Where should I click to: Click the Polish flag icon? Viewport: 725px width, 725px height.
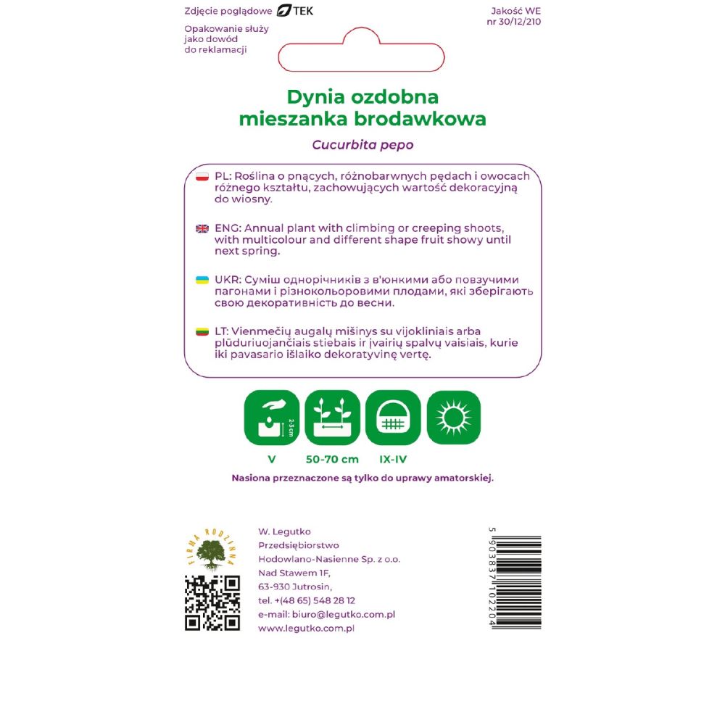tap(202, 177)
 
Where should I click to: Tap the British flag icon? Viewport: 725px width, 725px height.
tap(202, 228)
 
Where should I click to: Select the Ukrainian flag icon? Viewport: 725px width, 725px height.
tap(202, 280)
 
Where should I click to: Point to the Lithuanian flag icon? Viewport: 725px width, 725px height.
tap(202, 332)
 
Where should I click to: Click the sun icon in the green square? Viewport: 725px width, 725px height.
tap(454, 418)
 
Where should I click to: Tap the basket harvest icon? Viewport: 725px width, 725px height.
tap(393, 418)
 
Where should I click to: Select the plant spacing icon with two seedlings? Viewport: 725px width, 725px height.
tap(333, 418)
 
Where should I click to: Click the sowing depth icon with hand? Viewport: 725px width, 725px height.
tap(272, 418)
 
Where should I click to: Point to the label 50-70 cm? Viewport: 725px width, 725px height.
tap(332, 459)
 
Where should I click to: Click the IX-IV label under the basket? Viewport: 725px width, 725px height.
tap(393, 459)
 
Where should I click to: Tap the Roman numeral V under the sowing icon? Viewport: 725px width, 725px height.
tap(272, 459)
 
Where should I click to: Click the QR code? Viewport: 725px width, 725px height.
tap(212, 603)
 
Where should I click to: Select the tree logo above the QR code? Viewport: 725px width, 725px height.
tap(212, 550)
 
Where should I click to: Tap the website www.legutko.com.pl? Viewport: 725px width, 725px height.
tap(306, 629)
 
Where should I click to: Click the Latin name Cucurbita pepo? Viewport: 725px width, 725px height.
tap(362, 145)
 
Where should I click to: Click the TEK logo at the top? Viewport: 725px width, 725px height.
tap(295, 11)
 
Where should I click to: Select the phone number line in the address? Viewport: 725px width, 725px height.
tap(307, 600)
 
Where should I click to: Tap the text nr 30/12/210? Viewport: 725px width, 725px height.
tap(514, 21)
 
